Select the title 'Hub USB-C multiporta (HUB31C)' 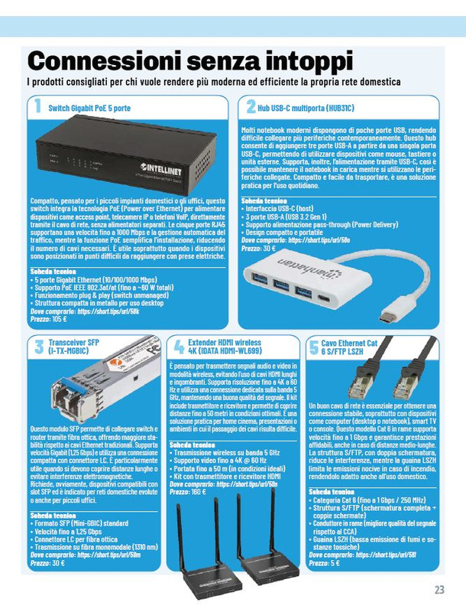click(306, 109)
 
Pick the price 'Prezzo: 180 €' click(188, 491)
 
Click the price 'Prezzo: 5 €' click(324, 562)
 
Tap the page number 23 click(438, 589)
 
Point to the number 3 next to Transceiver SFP click(37, 347)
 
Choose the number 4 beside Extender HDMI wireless click(177, 347)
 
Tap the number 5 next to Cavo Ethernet click(313, 347)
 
